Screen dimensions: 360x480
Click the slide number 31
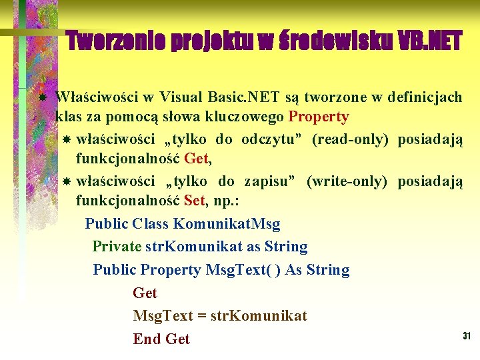click(x=467, y=336)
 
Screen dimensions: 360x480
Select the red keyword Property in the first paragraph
click(x=319, y=117)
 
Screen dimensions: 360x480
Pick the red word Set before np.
click(x=195, y=199)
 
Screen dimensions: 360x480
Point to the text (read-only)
click(x=351, y=139)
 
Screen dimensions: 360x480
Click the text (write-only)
click(x=347, y=181)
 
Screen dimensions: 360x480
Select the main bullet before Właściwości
click(x=41, y=98)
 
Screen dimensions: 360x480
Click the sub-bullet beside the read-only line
click(x=66, y=140)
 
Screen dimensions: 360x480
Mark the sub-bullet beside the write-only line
click(x=66, y=181)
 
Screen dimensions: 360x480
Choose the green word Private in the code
click(x=117, y=246)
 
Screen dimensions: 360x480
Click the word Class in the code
click(x=150, y=223)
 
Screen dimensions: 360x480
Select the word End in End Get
click(x=147, y=339)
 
